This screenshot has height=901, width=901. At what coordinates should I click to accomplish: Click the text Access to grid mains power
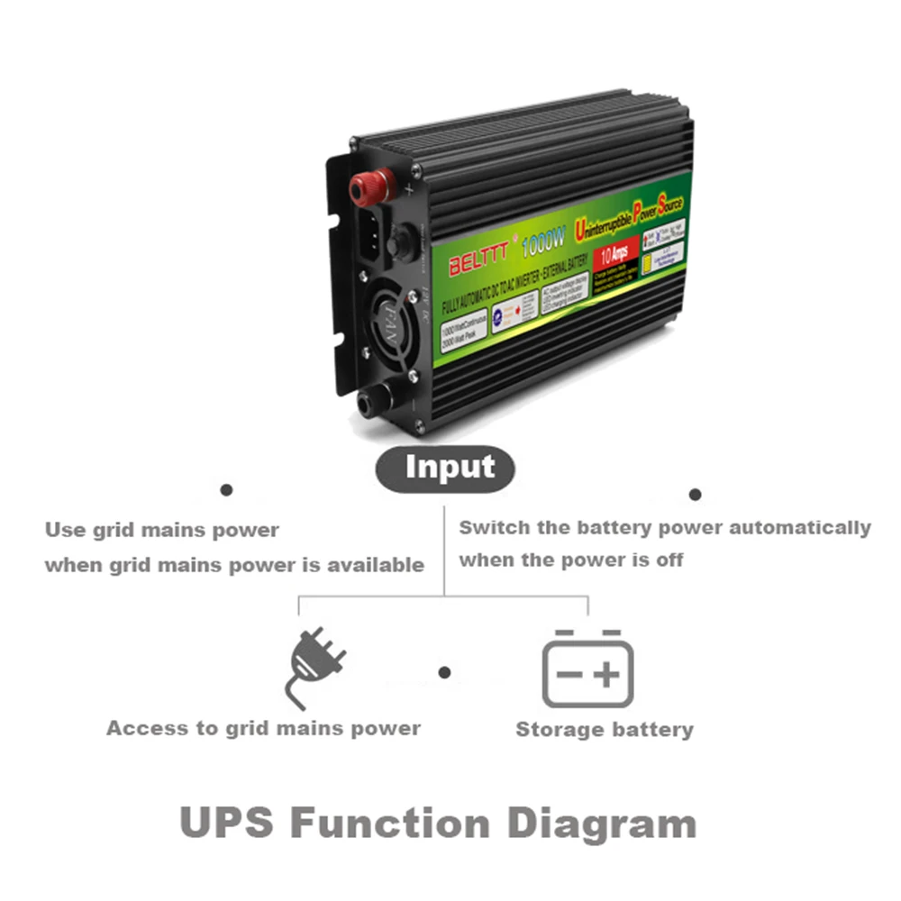(x=263, y=728)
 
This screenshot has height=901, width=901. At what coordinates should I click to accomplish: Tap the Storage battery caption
(x=605, y=730)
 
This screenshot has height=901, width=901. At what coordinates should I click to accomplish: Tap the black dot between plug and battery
(x=444, y=672)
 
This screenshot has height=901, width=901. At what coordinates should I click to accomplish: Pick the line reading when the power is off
(x=571, y=560)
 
